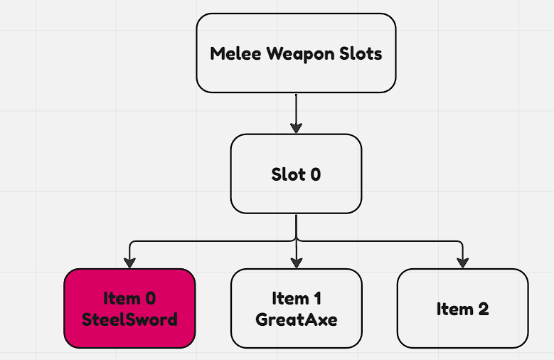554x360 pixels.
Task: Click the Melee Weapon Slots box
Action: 296,53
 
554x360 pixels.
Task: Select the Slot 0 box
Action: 296,174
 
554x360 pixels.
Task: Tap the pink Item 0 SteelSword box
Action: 129,308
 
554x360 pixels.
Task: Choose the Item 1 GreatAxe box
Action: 296,308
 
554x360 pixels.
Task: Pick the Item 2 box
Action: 462,308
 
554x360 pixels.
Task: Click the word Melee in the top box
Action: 235,53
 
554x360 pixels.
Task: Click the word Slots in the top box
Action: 361,53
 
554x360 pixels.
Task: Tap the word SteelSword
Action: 129,319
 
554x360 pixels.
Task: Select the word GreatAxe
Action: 296,319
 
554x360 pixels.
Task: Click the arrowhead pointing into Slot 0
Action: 296,128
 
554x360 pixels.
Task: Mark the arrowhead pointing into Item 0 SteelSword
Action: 129,263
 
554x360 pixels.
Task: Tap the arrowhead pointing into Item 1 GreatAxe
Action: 296,263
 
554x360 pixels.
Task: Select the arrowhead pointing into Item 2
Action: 462,263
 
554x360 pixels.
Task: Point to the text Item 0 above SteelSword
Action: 129,297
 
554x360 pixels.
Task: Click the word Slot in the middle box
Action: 287,174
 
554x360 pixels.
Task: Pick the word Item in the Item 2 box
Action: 454,309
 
